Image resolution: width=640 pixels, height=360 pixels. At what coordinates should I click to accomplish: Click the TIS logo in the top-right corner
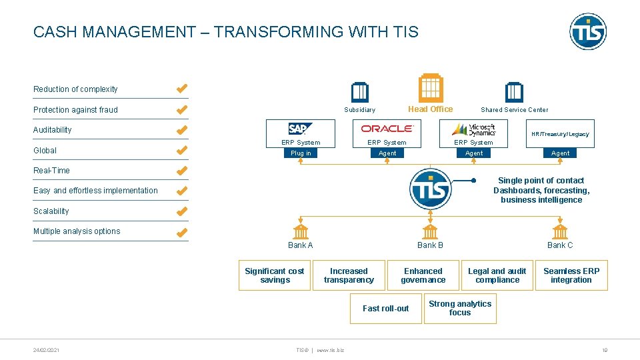(x=588, y=31)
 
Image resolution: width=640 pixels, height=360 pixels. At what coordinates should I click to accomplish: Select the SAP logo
(x=301, y=129)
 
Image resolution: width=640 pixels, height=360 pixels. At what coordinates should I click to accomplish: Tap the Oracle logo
(x=387, y=129)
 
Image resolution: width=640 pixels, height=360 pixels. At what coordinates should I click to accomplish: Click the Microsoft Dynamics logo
(x=473, y=129)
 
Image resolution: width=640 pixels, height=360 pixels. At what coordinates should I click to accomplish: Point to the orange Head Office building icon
(x=430, y=87)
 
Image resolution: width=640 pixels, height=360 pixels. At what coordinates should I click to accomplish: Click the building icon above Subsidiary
(x=360, y=92)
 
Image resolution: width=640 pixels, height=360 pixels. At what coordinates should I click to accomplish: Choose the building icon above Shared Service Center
(x=514, y=92)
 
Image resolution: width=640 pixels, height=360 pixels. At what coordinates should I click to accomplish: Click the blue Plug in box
(x=301, y=153)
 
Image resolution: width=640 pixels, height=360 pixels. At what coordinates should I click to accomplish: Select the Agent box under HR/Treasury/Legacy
(x=560, y=153)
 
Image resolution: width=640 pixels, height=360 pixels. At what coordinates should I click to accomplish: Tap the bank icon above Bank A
(x=301, y=231)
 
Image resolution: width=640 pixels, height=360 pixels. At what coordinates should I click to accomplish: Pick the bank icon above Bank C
(x=560, y=231)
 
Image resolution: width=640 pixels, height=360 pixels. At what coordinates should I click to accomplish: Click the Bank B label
(x=430, y=245)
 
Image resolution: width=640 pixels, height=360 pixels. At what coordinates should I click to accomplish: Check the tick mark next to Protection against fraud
(x=181, y=109)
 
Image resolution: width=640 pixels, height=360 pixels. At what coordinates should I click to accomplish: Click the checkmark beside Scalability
(x=181, y=211)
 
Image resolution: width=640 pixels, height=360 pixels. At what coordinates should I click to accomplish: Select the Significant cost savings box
(x=275, y=275)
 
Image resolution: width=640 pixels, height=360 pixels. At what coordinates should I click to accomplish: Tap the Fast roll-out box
(x=385, y=308)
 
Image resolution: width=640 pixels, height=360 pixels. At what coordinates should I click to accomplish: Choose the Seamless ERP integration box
(x=571, y=275)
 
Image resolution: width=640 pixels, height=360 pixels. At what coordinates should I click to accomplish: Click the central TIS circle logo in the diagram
(x=431, y=189)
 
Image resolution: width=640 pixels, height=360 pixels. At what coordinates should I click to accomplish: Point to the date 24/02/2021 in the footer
(x=46, y=349)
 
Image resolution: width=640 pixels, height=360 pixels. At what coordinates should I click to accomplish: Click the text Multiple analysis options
(x=77, y=231)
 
